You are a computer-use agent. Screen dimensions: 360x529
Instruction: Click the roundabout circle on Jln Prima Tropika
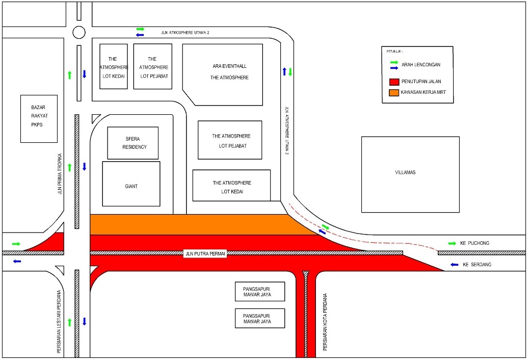tap(79, 32)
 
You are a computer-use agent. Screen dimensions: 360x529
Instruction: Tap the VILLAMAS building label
tap(405, 172)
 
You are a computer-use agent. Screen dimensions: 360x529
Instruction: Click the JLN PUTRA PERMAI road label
tap(205, 253)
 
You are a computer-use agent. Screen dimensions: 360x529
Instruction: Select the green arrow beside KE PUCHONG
tap(453, 243)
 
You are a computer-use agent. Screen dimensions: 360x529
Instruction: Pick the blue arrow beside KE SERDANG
tap(455, 265)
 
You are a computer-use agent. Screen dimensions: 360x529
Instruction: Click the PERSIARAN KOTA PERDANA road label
tap(325, 321)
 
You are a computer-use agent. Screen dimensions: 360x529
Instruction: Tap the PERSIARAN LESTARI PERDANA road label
tap(60, 322)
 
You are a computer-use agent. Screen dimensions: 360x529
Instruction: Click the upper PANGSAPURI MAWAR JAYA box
tap(259, 291)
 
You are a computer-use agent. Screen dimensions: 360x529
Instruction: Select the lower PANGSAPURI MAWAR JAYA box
tap(259, 318)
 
